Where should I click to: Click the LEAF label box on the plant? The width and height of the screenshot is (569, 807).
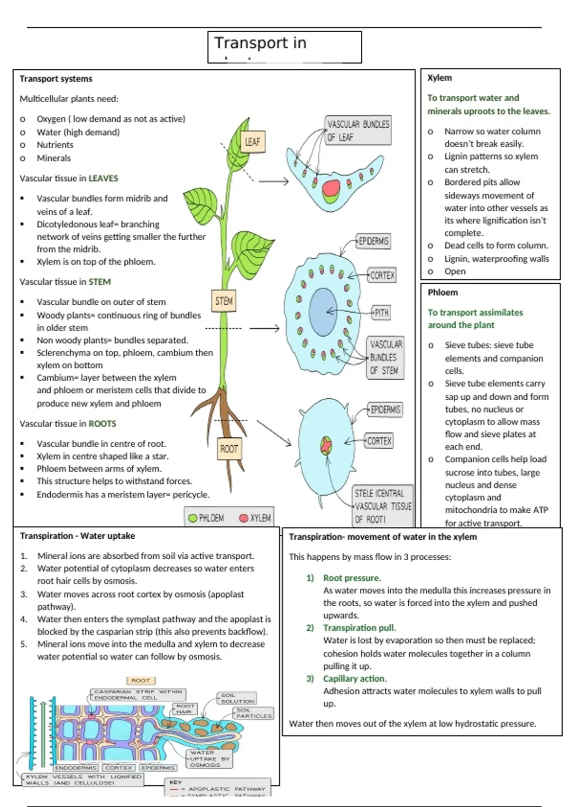(x=252, y=141)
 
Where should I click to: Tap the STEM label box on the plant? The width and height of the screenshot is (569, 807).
(x=224, y=301)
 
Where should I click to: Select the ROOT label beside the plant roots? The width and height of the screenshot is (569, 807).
(x=229, y=449)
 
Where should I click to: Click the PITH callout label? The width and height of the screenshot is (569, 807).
(x=382, y=313)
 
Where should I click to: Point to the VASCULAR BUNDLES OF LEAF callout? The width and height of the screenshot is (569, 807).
(x=358, y=131)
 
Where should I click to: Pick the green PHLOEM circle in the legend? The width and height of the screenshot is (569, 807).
(x=193, y=518)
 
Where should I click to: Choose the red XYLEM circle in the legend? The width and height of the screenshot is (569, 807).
(x=244, y=518)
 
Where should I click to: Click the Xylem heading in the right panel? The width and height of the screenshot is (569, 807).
(x=440, y=78)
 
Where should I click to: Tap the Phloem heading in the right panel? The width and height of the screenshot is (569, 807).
(x=443, y=292)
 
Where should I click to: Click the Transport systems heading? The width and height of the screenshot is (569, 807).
(x=56, y=79)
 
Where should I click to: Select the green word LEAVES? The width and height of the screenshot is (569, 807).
(x=103, y=178)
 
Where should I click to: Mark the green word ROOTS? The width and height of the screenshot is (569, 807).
(x=102, y=423)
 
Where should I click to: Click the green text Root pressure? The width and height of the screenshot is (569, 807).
(x=352, y=578)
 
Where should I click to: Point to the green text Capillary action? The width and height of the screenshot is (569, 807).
(x=355, y=678)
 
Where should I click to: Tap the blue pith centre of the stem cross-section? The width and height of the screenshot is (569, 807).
(x=323, y=312)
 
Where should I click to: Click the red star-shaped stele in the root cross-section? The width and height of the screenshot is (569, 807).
(x=326, y=445)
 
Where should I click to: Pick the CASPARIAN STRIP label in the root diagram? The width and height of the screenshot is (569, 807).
(x=138, y=695)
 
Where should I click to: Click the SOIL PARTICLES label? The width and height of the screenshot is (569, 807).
(x=254, y=713)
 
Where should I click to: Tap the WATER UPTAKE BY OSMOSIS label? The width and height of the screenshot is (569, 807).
(x=210, y=759)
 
